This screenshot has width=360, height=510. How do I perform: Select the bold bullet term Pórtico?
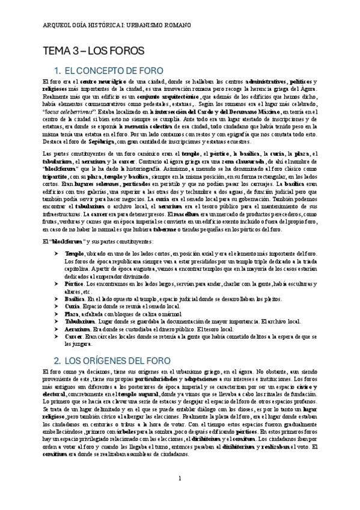point(75,283)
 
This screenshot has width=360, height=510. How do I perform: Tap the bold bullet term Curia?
point(72,306)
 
